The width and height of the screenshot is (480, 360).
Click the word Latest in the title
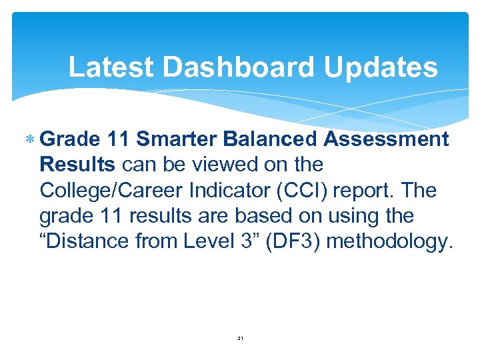(x=111, y=67)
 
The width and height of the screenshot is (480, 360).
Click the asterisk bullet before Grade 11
(x=29, y=139)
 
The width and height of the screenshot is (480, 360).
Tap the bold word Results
(x=78, y=164)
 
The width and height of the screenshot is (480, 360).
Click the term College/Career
(x=113, y=190)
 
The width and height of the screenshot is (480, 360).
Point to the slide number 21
(x=241, y=339)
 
